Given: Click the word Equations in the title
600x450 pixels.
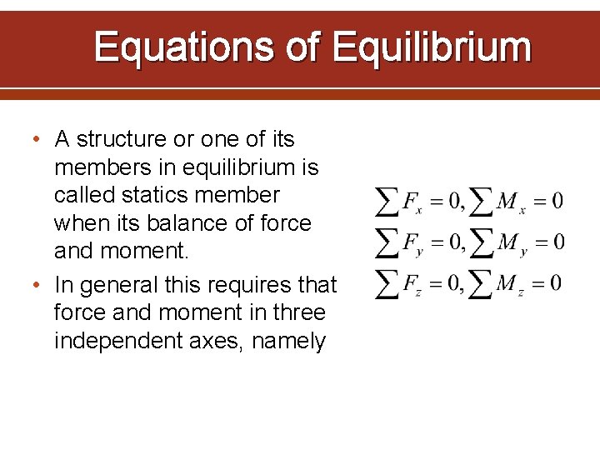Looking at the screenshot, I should coord(183,47).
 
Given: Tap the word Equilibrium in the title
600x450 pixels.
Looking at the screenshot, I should coord(432,47).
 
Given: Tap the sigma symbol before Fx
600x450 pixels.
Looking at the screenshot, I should coord(387,200).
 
